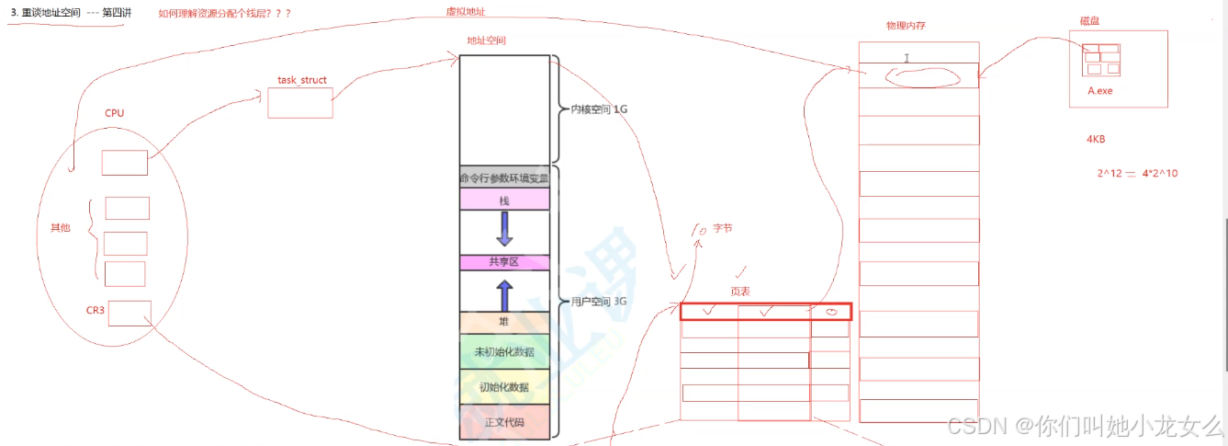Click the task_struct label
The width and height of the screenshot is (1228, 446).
(x=301, y=80)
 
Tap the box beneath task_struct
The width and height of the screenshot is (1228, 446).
(x=299, y=103)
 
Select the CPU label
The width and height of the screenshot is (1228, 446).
(x=114, y=113)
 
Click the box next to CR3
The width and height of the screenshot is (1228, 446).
(x=130, y=314)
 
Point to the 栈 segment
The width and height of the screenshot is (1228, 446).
(x=504, y=200)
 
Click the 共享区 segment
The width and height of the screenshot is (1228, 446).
(x=504, y=262)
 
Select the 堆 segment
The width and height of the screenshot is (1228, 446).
(x=504, y=322)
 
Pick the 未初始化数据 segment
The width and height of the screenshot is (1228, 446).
(x=504, y=352)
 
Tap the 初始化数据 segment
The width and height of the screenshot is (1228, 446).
(x=504, y=387)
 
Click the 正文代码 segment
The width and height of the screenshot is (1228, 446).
(x=504, y=422)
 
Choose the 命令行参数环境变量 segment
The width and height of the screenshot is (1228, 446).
(x=504, y=178)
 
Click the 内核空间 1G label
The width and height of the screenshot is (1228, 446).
(x=599, y=109)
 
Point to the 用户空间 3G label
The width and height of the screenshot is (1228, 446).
(x=599, y=301)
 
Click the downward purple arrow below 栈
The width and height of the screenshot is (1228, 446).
(x=504, y=229)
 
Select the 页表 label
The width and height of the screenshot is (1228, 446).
(x=741, y=291)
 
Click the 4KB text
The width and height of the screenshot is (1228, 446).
(x=1095, y=140)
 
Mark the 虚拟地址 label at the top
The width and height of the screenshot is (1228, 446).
(x=464, y=11)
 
